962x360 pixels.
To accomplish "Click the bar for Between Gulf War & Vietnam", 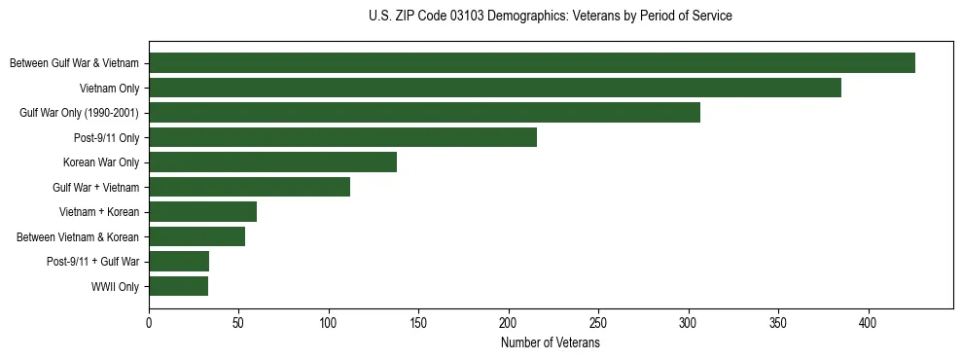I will click(x=532, y=63).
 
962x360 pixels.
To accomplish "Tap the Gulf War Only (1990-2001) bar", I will click(x=424, y=113).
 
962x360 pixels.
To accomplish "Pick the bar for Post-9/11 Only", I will click(x=342, y=137).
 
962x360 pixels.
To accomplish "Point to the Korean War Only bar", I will click(x=272, y=162).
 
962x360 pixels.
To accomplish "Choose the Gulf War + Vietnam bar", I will click(x=249, y=187).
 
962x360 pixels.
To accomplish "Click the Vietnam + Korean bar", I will click(x=202, y=212).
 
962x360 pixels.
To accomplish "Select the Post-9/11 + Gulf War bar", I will click(x=179, y=262).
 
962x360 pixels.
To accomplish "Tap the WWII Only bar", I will click(x=178, y=286).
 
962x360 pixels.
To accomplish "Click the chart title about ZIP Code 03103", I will click(x=551, y=17).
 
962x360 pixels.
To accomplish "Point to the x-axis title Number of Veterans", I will click(x=551, y=343).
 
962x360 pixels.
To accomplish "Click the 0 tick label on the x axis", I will click(x=149, y=322).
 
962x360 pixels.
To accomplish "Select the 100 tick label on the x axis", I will click(x=329, y=322).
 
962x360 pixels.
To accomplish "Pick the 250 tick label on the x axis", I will click(x=598, y=322).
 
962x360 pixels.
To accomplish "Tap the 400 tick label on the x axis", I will click(x=869, y=322).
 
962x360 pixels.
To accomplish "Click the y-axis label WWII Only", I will click(x=115, y=287).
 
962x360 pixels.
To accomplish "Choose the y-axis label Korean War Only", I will click(x=101, y=162).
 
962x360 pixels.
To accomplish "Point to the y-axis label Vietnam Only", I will click(x=109, y=89).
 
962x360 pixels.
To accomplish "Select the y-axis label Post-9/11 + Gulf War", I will click(x=93, y=262).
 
